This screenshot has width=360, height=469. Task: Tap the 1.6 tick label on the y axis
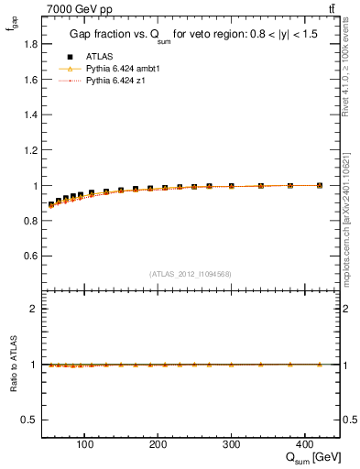point(29,80)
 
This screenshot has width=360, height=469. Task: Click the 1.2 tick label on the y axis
point(29,150)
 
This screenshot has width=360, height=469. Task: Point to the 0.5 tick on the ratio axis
point(29,420)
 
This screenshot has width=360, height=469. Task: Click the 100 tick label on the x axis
point(85,446)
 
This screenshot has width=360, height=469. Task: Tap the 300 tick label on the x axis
point(231,446)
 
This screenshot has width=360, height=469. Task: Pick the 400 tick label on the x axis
point(304,446)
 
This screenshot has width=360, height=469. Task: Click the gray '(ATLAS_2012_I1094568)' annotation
point(190,274)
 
